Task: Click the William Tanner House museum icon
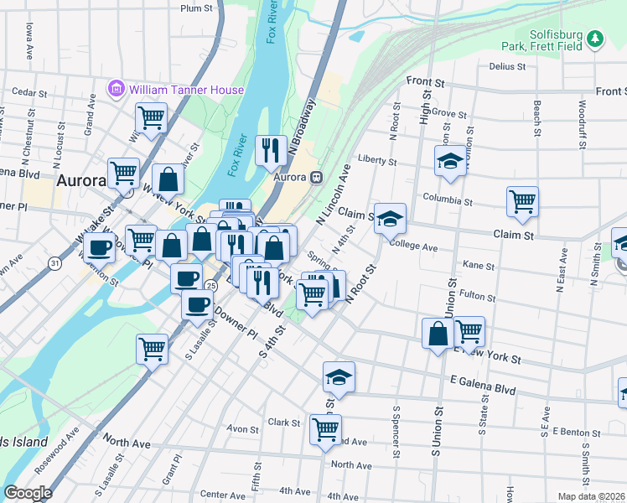click(x=116, y=89)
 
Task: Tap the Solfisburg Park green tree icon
click(x=595, y=39)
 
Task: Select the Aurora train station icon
click(x=316, y=177)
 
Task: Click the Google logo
click(x=28, y=493)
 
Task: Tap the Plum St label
click(x=197, y=8)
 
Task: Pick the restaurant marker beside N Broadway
click(x=270, y=151)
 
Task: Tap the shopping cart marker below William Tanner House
click(x=151, y=118)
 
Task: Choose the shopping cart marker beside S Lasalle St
click(x=152, y=349)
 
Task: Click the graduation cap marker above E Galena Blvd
click(x=339, y=377)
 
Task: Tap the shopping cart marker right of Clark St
click(x=324, y=430)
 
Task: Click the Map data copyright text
click(x=591, y=496)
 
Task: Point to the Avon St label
click(x=243, y=429)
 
